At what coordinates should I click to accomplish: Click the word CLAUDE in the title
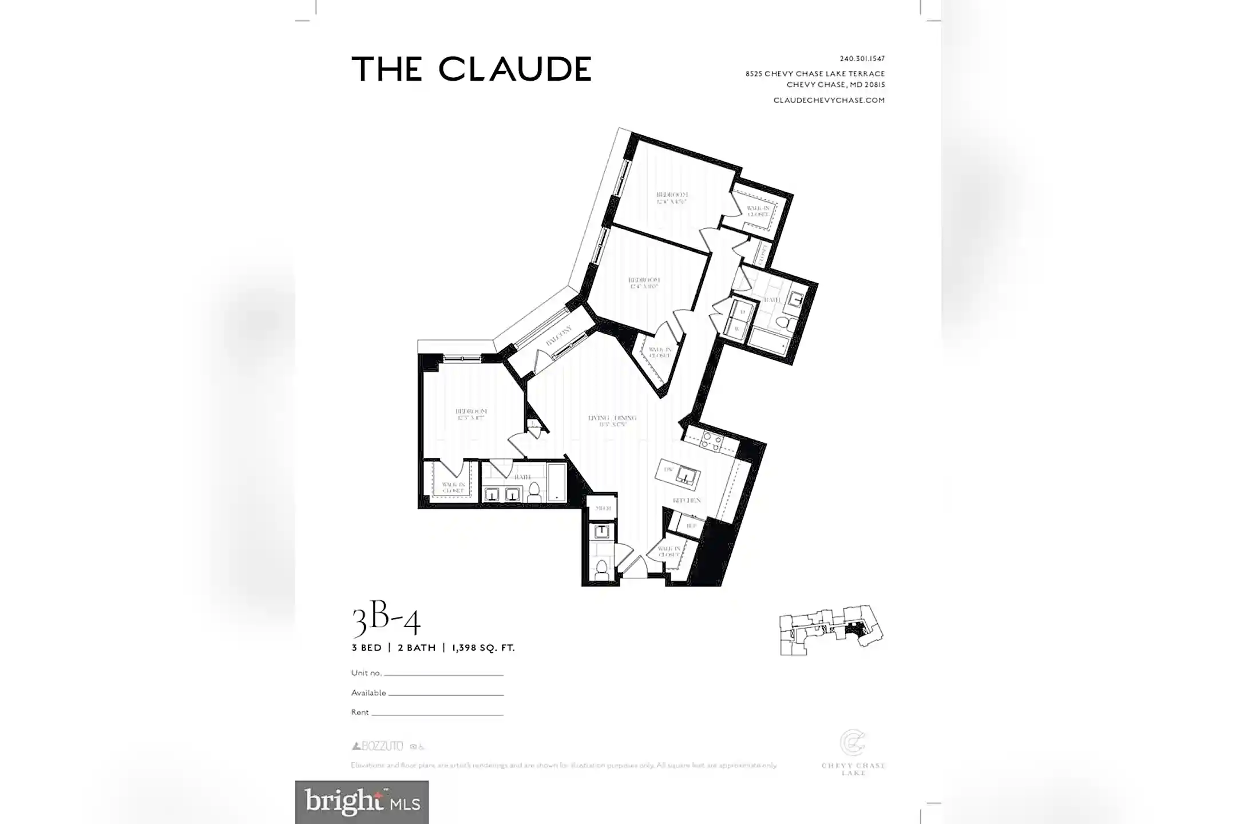(x=514, y=69)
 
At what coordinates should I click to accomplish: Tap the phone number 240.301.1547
(x=862, y=58)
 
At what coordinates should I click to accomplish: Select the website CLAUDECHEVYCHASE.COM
(x=829, y=100)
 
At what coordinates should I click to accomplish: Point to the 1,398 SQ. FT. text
(x=483, y=648)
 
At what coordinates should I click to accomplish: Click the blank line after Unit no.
(x=443, y=675)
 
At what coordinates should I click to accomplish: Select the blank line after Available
(x=446, y=694)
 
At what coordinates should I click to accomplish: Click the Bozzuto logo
(x=378, y=746)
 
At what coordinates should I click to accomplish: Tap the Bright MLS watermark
(x=362, y=802)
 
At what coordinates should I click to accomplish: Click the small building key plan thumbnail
(x=831, y=630)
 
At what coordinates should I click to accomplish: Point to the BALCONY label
(x=558, y=336)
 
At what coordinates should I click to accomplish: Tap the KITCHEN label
(x=686, y=501)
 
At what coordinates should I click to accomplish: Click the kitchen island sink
(x=686, y=474)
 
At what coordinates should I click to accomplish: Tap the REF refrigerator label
(x=691, y=525)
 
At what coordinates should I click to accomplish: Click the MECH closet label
(x=603, y=508)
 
